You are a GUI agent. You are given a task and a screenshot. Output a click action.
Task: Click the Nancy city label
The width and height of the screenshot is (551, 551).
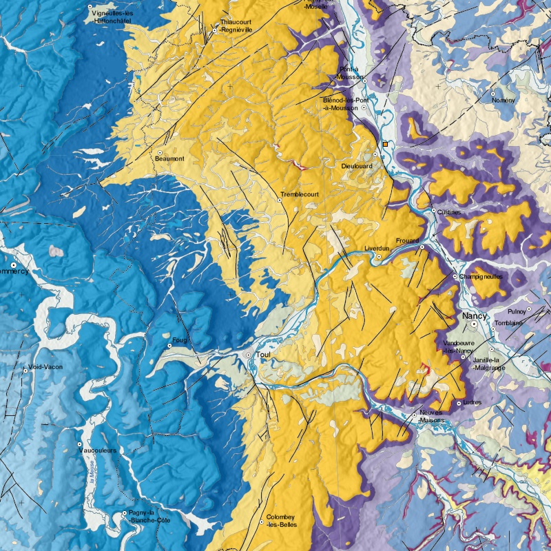click(x=475, y=315)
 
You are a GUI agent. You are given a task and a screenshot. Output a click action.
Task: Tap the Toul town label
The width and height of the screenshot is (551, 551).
click(x=262, y=355)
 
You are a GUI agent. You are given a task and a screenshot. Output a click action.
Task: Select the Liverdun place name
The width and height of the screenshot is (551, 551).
click(x=376, y=248)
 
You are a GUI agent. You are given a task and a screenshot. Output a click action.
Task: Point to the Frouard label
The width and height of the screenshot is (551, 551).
click(x=407, y=241)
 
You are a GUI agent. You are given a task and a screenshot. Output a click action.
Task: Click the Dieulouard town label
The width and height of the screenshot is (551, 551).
click(x=357, y=166)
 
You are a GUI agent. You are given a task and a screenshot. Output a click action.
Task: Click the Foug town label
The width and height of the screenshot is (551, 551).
click(x=180, y=339)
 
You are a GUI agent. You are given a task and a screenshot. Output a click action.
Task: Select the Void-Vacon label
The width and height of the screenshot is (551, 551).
click(x=45, y=367)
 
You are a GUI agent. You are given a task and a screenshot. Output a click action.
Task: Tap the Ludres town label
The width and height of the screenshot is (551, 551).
click(x=474, y=402)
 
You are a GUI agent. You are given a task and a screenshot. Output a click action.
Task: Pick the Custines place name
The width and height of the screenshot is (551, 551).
click(x=448, y=212)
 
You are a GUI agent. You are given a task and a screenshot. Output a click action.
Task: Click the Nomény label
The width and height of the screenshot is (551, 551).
click(x=503, y=100)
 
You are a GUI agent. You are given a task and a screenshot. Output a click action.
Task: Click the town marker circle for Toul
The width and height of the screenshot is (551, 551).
click(x=249, y=355)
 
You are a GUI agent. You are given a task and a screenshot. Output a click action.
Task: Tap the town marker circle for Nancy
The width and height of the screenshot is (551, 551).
click(x=475, y=324)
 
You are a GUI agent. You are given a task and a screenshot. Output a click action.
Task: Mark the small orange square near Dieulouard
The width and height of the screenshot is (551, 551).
click(x=386, y=144)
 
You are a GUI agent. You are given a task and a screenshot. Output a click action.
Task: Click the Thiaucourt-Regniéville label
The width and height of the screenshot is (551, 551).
click(x=235, y=26)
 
